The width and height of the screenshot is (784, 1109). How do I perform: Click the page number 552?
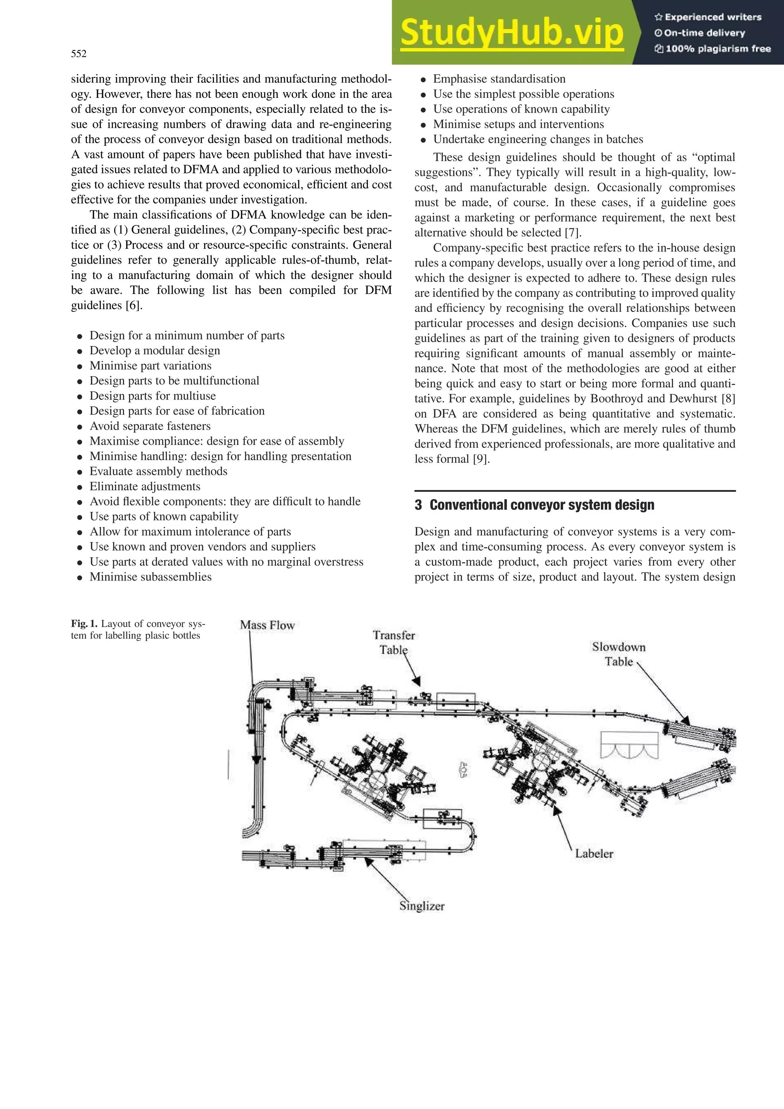coord(79,54)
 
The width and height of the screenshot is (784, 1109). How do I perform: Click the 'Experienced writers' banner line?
coord(708,17)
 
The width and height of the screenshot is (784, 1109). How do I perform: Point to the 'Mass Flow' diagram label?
coord(267,625)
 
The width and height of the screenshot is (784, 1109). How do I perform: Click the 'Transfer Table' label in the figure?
coord(394,643)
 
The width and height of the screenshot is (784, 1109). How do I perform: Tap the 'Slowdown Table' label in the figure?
coord(619,654)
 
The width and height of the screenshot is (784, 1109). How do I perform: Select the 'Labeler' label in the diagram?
coord(594,853)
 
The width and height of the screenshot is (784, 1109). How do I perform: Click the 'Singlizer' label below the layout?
coord(422,906)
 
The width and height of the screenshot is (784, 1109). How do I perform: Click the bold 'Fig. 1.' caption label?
coord(84,623)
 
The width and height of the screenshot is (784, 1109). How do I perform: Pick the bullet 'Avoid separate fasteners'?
coord(150,426)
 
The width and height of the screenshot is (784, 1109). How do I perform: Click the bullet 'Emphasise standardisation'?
coord(499,79)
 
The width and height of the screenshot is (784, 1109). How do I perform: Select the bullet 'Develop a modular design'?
coord(155,351)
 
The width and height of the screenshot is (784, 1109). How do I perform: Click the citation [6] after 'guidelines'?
coord(134,305)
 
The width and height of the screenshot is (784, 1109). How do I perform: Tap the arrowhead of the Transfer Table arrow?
coord(417,682)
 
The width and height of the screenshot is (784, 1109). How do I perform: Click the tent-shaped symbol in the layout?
coord(629,745)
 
